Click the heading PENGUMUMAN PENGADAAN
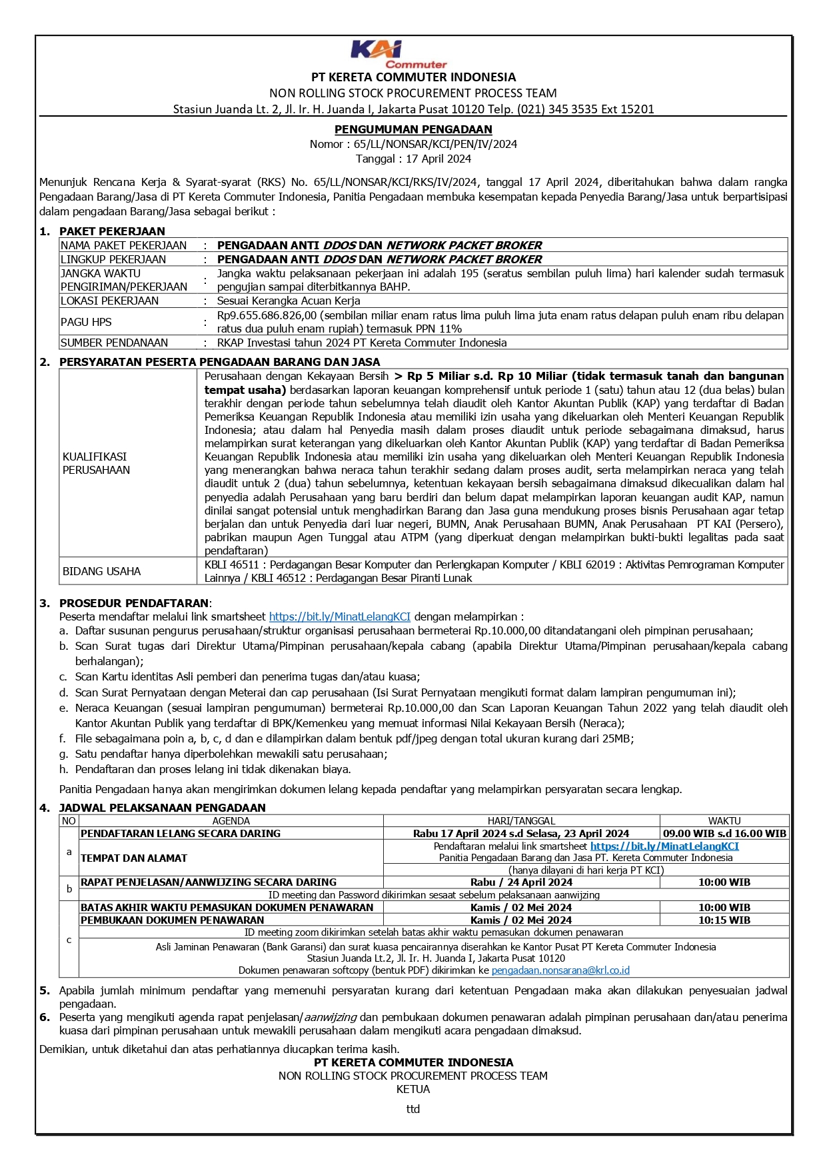coord(413,129)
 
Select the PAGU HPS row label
coord(87,322)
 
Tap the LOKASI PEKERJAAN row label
coord(110,301)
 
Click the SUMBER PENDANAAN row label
coord(115,343)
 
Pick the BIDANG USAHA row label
coord(102,571)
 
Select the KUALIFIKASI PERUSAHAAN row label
coord(96,463)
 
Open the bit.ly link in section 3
coord(340,616)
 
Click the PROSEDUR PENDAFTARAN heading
coord(134,603)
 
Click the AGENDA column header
coord(231,821)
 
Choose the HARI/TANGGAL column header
coord(521,821)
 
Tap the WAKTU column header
coord(724,821)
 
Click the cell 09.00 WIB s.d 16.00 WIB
coord(724,833)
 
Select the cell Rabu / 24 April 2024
coord(521,882)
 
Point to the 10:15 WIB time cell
coord(724,920)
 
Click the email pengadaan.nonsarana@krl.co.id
coord(560,970)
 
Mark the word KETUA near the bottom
coord(413,1089)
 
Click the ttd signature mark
coord(413,1109)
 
